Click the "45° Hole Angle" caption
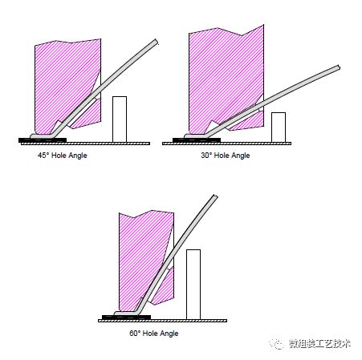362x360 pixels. (63, 156)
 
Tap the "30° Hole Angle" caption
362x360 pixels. (226, 156)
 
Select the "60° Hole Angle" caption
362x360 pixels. (154, 334)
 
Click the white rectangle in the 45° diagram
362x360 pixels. (120, 119)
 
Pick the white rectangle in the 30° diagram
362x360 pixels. (279, 127)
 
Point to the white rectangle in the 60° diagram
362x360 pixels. (193, 285)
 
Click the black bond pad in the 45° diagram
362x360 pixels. (43, 140)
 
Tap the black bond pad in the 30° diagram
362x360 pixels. (197, 140)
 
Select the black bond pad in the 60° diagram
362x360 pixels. (126, 318)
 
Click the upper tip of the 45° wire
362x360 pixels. (156, 42)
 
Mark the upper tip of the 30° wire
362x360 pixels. (339, 67)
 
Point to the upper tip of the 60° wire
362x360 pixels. (215, 196)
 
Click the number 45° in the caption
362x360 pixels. (43, 156)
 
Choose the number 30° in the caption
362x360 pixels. (206, 156)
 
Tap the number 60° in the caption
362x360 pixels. (135, 333)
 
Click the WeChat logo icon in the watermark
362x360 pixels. (277, 344)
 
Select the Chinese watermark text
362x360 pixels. (319, 344)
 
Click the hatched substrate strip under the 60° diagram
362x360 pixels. (163, 321)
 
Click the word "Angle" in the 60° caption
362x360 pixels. (169, 334)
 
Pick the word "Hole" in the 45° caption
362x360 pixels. (59, 156)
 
